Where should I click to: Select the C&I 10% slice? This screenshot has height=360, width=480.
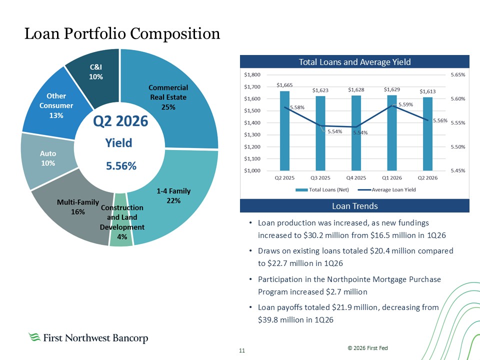95,73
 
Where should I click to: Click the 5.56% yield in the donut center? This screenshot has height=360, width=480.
121,166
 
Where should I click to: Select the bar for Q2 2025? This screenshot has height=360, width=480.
284,130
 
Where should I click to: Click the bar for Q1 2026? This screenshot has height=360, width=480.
392,133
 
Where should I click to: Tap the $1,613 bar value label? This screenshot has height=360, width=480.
427,91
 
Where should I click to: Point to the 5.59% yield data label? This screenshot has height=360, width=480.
405,104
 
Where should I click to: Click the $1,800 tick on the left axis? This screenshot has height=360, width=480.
252,74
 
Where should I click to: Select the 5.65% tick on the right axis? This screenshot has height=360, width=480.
458,74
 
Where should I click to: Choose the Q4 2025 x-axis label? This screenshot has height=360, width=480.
356,178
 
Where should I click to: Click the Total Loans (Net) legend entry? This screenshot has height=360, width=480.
322,190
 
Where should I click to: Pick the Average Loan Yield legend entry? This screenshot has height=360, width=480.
387,190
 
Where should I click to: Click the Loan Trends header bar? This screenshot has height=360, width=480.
354,205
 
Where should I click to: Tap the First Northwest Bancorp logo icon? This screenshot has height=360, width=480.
34,337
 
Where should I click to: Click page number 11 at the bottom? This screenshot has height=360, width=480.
242,350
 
